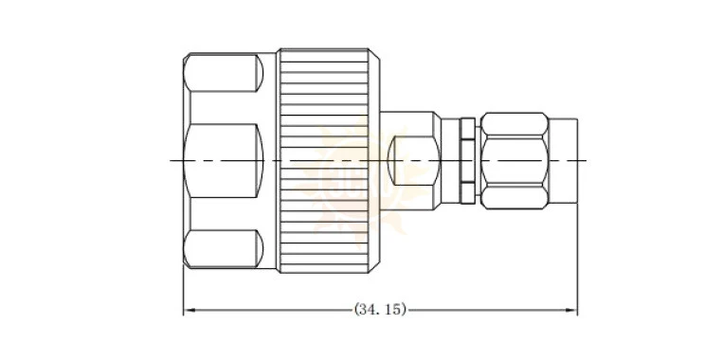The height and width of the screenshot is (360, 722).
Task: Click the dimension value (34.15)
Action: click(x=380, y=310)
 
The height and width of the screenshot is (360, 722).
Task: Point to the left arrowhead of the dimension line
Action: click(x=188, y=310)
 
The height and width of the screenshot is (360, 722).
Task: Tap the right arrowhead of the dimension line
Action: click(x=573, y=310)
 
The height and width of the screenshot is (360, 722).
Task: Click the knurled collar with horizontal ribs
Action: click(x=324, y=161)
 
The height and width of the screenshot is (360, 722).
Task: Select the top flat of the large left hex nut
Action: click(x=224, y=72)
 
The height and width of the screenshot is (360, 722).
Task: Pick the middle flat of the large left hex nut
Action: click(x=224, y=161)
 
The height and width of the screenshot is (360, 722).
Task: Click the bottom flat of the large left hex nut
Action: click(x=224, y=248)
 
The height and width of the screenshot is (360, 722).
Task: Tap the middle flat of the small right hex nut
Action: click(x=514, y=161)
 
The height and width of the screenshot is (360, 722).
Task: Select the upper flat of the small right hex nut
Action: click(x=514, y=124)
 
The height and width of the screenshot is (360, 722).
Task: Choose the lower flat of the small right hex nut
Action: click(x=514, y=197)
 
